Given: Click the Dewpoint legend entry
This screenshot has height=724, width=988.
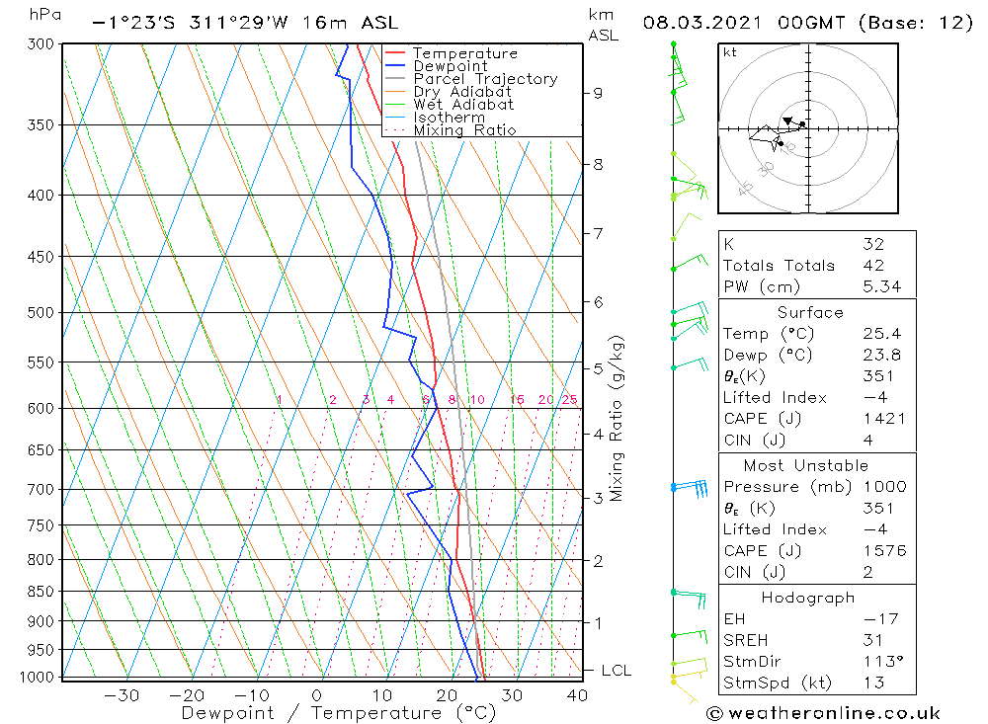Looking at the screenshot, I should [x=450, y=66].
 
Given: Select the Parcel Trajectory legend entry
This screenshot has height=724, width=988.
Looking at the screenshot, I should [x=485, y=79].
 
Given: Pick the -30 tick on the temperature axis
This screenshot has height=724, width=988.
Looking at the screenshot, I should [x=122, y=695].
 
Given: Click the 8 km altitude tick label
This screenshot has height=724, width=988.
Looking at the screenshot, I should [x=598, y=164].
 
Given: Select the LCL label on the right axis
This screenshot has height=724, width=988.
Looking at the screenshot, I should [x=617, y=671].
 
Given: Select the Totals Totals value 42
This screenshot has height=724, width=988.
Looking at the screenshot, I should [x=873, y=265].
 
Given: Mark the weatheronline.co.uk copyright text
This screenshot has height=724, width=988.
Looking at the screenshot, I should [x=823, y=713].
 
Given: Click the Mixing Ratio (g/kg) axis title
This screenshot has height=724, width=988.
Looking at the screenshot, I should [x=617, y=418].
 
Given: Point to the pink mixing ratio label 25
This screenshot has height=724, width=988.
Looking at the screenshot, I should [x=569, y=400].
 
